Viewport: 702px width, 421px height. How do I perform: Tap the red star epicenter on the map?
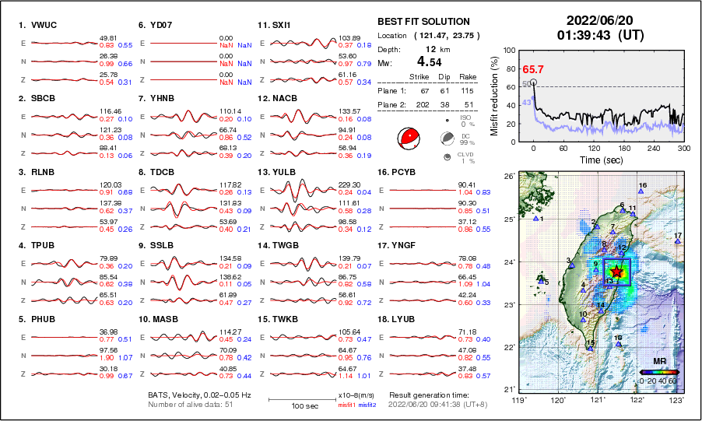coord(616,272)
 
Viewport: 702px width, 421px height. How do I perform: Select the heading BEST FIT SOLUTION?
coord(423,22)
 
